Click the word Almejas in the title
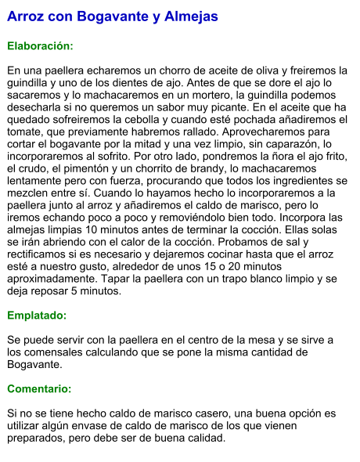point(189,16)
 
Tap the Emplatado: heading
point(36,316)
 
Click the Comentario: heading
point(38,388)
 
